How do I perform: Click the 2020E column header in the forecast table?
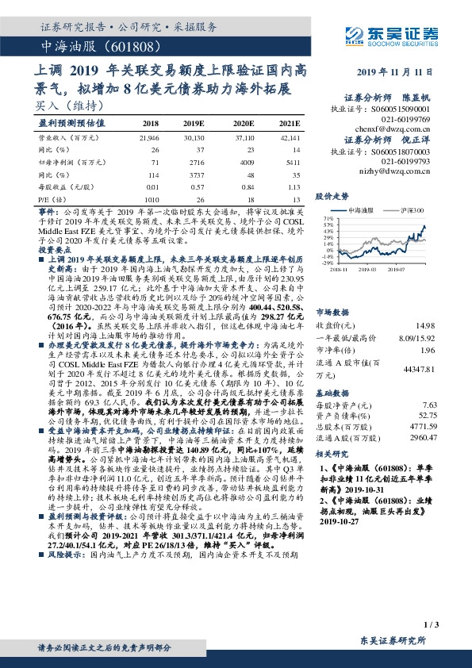[x=244, y=124]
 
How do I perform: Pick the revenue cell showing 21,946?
[x=148, y=137]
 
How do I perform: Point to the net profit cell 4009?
[x=248, y=161]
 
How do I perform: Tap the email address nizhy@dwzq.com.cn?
[x=402, y=170]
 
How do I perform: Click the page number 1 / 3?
[x=431, y=626]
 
